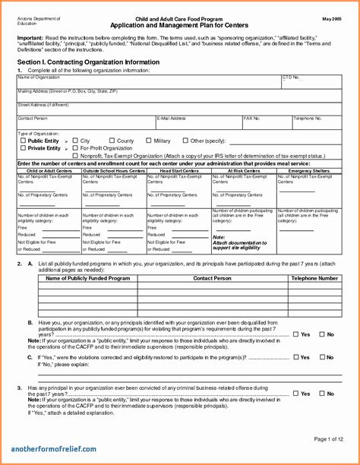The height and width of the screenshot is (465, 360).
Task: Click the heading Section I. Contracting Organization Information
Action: click(88, 62)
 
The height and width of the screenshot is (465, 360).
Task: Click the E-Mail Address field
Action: click(197, 123)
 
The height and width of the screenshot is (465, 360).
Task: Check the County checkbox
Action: click(112, 141)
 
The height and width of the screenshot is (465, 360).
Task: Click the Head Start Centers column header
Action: click(178, 171)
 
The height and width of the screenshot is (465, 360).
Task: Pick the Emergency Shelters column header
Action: click(309, 171)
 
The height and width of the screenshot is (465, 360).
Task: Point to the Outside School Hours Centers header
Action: click(113, 171)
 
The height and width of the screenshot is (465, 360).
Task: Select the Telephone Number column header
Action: click(314, 279)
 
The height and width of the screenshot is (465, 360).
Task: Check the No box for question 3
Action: click(321, 394)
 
